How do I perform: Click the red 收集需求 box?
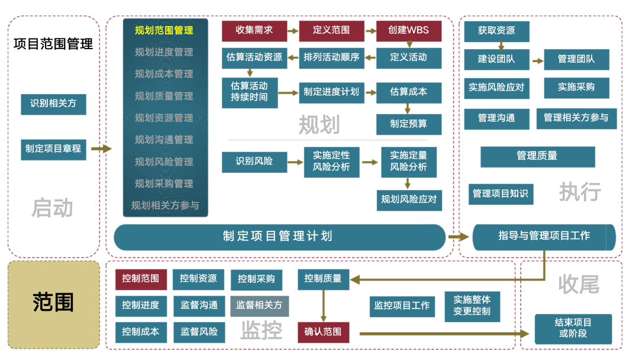[254, 31]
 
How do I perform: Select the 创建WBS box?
[409, 31]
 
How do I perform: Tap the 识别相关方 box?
[53, 104]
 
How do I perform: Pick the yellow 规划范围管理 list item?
[164, 31]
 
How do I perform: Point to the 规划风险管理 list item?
[164, 162]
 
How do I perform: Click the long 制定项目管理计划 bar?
[279, 237]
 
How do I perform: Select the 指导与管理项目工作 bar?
[544, 237]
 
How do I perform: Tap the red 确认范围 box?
[323, 332]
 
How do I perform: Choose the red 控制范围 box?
[141, 279]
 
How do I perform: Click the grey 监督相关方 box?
[260, 306]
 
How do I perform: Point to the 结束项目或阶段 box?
[573, 329]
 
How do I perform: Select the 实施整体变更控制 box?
[472, 307]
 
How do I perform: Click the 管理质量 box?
[537, 157]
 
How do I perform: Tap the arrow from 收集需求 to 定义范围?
[293, 31]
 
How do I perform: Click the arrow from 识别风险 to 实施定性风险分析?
[295, 162]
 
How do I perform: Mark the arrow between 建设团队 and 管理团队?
[538, 61]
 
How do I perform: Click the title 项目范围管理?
[53, 44]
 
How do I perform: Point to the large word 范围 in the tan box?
[53, 302]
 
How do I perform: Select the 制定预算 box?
[409, 124]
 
